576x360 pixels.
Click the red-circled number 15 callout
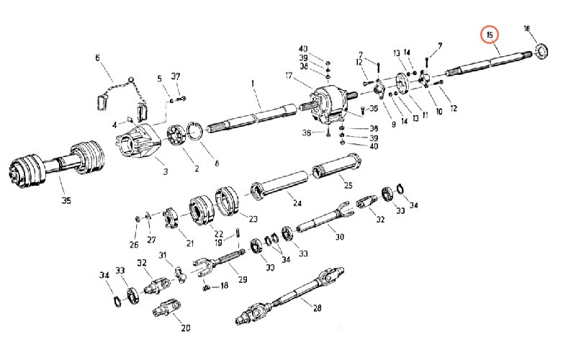[490, 34]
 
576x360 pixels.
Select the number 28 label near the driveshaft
[317, 307]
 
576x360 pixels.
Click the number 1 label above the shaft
[253, 84]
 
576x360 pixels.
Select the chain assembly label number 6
[97, 57]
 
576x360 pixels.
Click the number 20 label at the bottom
[185, 328]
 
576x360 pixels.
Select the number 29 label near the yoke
[242, 279]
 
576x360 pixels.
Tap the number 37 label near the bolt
[176, 76]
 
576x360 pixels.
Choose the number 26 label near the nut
[134, 245]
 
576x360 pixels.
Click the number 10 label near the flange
[439, 112]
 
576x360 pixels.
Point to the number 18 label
[224, 286]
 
